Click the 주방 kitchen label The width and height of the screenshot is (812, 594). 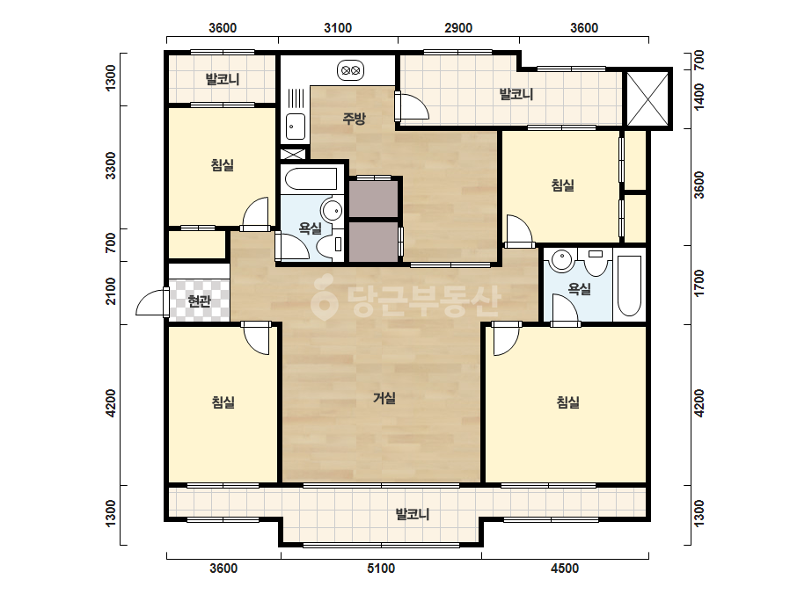click(x=355, y=119)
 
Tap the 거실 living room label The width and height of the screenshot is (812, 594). click(x=384, y=398)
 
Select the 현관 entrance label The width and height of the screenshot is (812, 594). click(x=200, y=301)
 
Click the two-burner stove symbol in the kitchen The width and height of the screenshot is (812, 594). click(x=351, y=70)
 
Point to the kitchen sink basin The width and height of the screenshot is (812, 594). click(x=296, y=127)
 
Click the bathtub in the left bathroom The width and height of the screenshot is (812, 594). click(x=311, y=179)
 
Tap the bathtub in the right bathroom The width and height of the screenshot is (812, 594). click(x=630, y=286)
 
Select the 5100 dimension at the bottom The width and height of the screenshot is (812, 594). click(x=381, y=569)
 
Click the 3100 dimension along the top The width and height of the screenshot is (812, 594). click(x=338, y=28)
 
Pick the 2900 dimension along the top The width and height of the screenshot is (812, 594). click(x=458, y=28)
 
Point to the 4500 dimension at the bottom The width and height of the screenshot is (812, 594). click(x=565, y=569)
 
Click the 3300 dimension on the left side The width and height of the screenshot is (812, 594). click(x=111, y=165)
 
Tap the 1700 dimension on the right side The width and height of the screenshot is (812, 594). click(x=699, y=283)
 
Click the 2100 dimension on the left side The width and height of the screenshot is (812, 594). click(x=111, y=291)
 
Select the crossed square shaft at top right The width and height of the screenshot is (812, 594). click(x=647, y=98)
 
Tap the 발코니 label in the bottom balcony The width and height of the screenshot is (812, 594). click(x=413, y=514)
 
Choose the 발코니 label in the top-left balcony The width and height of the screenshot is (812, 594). click(x=223, y=80)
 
